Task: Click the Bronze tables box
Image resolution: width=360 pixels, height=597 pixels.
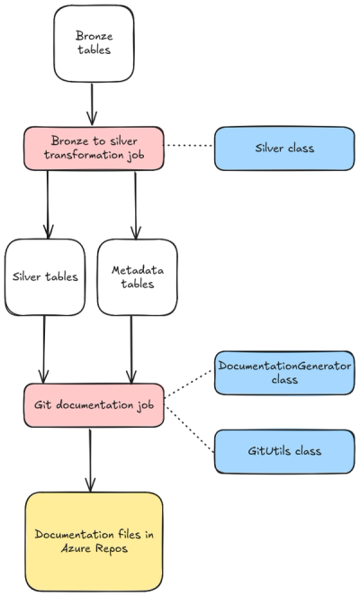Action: (x=94, y=42)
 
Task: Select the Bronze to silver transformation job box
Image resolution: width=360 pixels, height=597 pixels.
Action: (x=94, y=148)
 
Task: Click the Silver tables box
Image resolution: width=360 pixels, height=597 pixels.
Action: (x=44, y=276)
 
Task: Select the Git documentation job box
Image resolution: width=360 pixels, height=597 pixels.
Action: (x=94, y=405)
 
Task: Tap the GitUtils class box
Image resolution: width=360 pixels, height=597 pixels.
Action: (x=283, y=450)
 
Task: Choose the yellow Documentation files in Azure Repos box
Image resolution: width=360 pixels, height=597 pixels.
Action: (x=94, y=540)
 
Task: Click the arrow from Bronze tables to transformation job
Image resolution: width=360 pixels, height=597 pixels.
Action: (x=92, y=104)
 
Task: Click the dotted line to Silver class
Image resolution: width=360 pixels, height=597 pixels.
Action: (x=189, y=148)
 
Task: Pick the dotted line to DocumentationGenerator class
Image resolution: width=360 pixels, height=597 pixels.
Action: (x=189, y=390)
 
